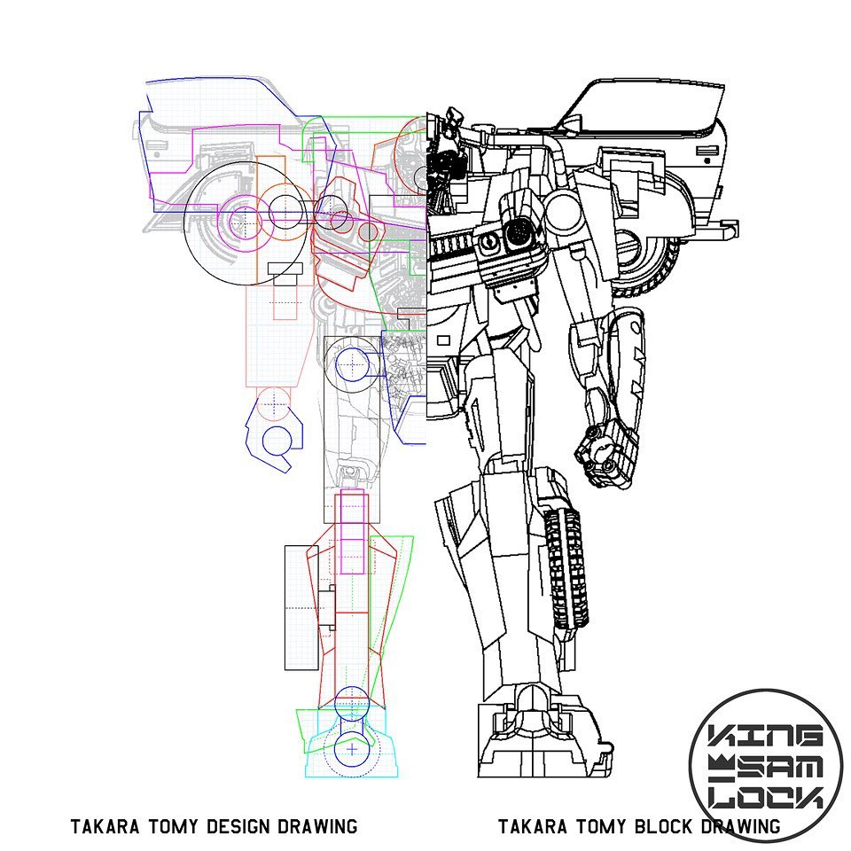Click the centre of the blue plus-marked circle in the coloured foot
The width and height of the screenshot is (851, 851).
(x=352, y=750)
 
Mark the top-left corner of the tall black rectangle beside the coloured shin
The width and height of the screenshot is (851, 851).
(x=285, y=546)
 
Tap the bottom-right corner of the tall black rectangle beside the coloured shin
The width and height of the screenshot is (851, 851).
(x=318, y=670)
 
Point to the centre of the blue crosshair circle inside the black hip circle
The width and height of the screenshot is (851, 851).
(x=353, y=363)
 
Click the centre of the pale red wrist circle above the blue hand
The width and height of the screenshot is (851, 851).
(x=274, y=404)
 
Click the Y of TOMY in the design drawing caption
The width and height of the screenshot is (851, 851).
(x=196, y=826)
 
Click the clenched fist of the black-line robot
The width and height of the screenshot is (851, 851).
(x=606, y=453)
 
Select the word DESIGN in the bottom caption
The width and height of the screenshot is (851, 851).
(x=238, y=826)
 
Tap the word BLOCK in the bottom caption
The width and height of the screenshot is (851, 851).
(x=664, y=826)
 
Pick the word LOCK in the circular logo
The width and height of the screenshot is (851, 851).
(x=766, y=797)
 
